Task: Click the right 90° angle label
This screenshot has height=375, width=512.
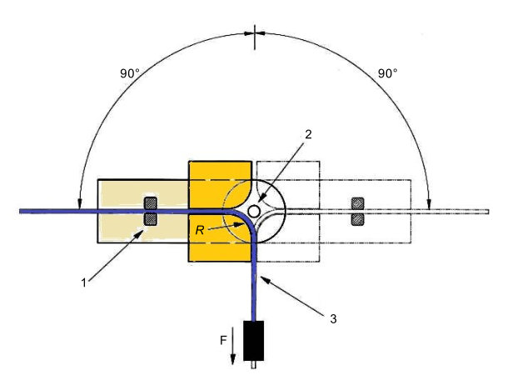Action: click(x=388, y=72)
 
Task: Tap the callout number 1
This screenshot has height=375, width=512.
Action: click(x=84, y=282)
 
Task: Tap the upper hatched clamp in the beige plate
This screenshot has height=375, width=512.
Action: click(x=151, y=203)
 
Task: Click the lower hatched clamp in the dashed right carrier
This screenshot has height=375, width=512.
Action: click(x=358, y=219)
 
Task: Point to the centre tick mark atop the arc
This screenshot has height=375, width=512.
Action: click(x=255, y=32)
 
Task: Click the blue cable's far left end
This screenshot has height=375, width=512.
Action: click(x=21, y=212)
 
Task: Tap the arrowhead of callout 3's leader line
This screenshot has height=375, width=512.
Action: click(x=259, y=276)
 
